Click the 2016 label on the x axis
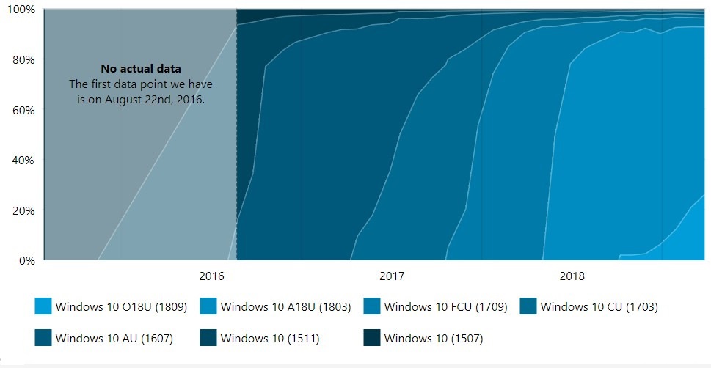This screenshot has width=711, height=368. point(211,276)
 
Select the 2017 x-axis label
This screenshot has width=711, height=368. point(392,276)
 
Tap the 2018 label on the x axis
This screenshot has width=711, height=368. point(572,276)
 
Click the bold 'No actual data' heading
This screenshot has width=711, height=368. point(141,70)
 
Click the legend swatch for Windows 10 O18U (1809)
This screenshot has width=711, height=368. point(43,306)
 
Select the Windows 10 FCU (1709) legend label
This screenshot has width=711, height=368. point(445,307)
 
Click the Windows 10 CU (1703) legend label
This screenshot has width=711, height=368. point(599,307)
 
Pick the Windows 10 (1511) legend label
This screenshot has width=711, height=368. point(270,338)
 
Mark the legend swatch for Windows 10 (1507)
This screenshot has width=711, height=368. point(372,338)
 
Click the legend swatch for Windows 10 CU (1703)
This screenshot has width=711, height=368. point(528,306)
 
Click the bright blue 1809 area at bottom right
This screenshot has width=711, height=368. point(693,238)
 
